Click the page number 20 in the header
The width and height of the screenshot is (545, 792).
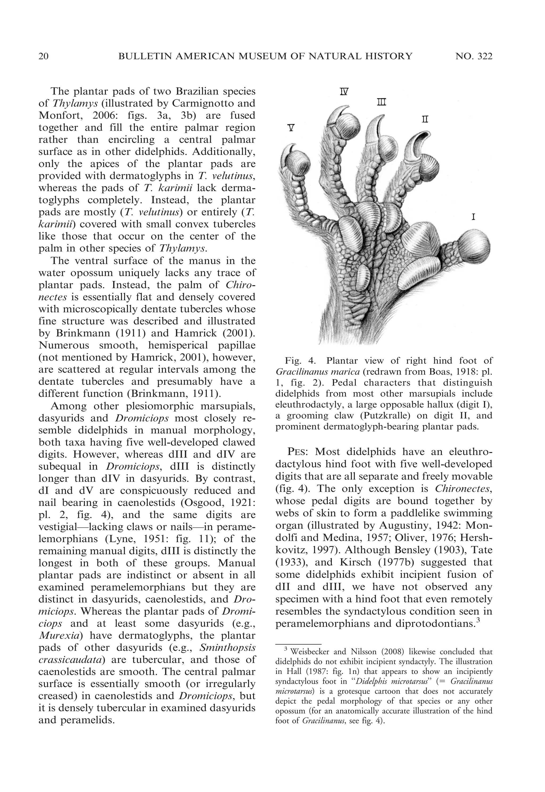tap(43, 56)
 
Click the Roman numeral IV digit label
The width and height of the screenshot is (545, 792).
tap(344, 91)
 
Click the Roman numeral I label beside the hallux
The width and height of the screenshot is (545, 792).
tap(474, 217)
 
